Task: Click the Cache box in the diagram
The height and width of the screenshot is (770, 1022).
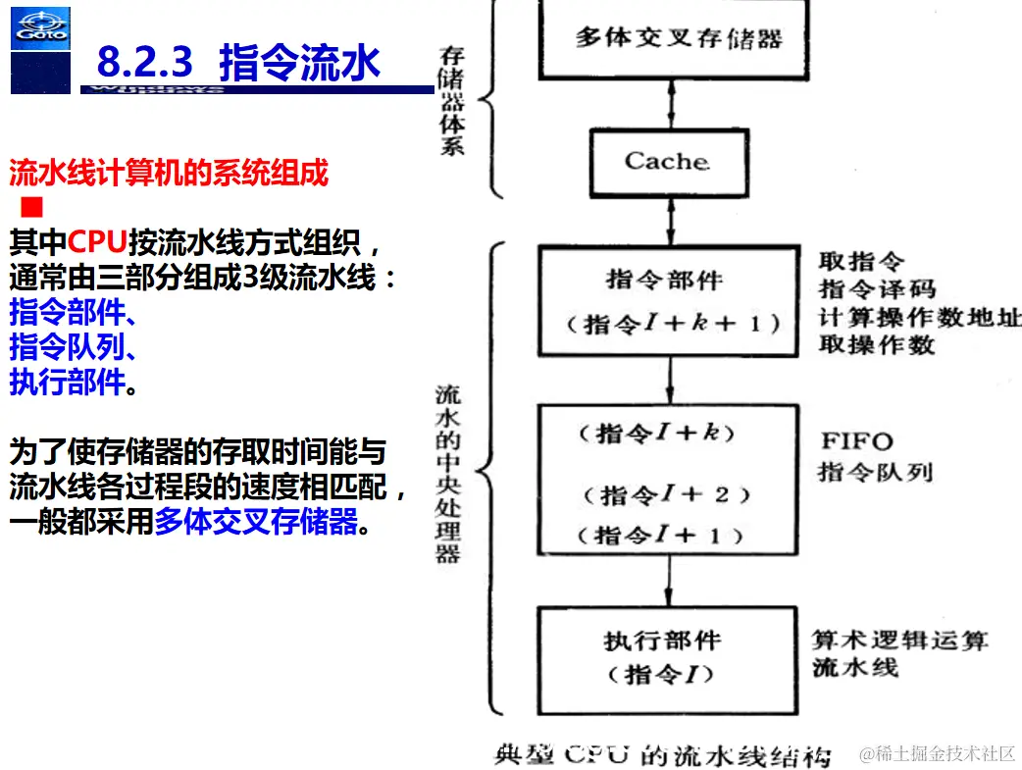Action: pyautogui.click(x=667, y=161)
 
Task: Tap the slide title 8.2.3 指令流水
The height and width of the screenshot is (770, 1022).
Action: pyautogui.click(x=237, y=63)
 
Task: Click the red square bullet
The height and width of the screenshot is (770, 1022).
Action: pyautogui.click(x=31, y=207)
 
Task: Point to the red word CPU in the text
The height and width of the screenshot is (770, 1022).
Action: pyautogui.click(x=97, y=242)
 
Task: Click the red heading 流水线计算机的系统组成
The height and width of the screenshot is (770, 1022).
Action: pyautogui.click(x=168, y=175)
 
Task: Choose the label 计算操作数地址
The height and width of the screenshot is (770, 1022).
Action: pyautogui.click(x=920, y=318)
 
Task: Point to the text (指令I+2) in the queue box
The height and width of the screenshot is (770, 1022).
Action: pyautogui.click(x=666, y=494)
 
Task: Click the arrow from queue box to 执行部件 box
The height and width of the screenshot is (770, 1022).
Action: pyautogui.click(x=669, y=582)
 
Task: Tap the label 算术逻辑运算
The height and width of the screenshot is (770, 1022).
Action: pyautogui.click(x=899, y=642)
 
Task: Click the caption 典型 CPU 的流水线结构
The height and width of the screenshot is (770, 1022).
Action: pyautogui.click(x=663, y=756)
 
